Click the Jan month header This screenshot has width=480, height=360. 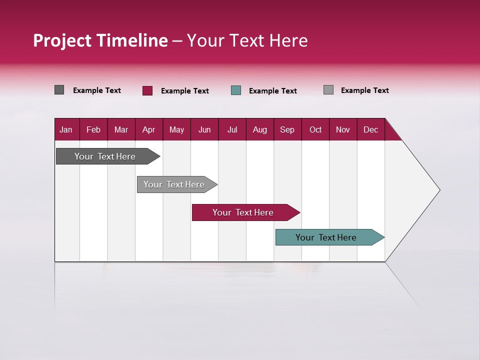(x=66, y=130)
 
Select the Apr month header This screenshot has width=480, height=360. (x=149, y=130)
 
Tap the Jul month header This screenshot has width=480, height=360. (x=232, y=130)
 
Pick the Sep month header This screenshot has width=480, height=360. (x=287, y=130)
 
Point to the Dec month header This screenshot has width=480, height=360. (x=370, y=130)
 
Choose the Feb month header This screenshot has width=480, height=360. (x=93, y=130)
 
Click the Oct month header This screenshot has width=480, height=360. (x=315, y=130)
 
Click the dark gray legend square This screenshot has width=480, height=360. (x=59, y=90)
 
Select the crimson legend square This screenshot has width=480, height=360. (x=147, y=90)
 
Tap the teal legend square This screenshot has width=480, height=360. (x=236, y=90)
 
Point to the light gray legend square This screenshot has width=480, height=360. (x=328, y=90)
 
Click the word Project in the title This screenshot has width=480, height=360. (x=62, y=40)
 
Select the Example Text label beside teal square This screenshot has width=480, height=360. (x=272, y=91)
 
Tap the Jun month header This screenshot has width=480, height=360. (x=204, y=130)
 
